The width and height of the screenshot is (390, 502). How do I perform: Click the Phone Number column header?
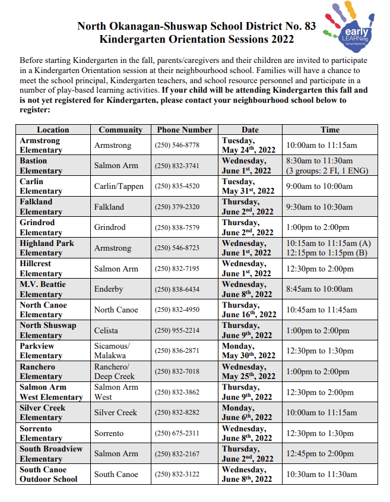tap(184, 130)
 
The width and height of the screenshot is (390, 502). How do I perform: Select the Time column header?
tap(330, 130)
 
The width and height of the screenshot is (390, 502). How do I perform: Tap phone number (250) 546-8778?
tap(177, 145)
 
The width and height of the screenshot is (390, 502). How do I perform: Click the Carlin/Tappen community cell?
tap(119, 186)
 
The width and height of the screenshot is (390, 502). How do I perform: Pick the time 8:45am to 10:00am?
tap(319, 289)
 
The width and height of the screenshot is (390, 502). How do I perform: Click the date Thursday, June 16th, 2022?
tap(249, 310)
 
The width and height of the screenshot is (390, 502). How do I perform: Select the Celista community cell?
tap(106, 330)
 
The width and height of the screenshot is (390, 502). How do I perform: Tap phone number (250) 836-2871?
tap(177, 351)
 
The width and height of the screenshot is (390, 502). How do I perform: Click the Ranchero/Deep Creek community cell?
tap(114, 371)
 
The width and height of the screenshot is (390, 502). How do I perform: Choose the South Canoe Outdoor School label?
tap(48, 474)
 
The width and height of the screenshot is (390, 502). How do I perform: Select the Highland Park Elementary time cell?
tap(328, 248)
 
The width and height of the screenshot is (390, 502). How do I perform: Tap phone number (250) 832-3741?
tap(177, 166)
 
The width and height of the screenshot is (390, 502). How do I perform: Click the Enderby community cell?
tap(109, 289)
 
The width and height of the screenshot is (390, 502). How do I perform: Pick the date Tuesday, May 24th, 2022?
tap(248, 145)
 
